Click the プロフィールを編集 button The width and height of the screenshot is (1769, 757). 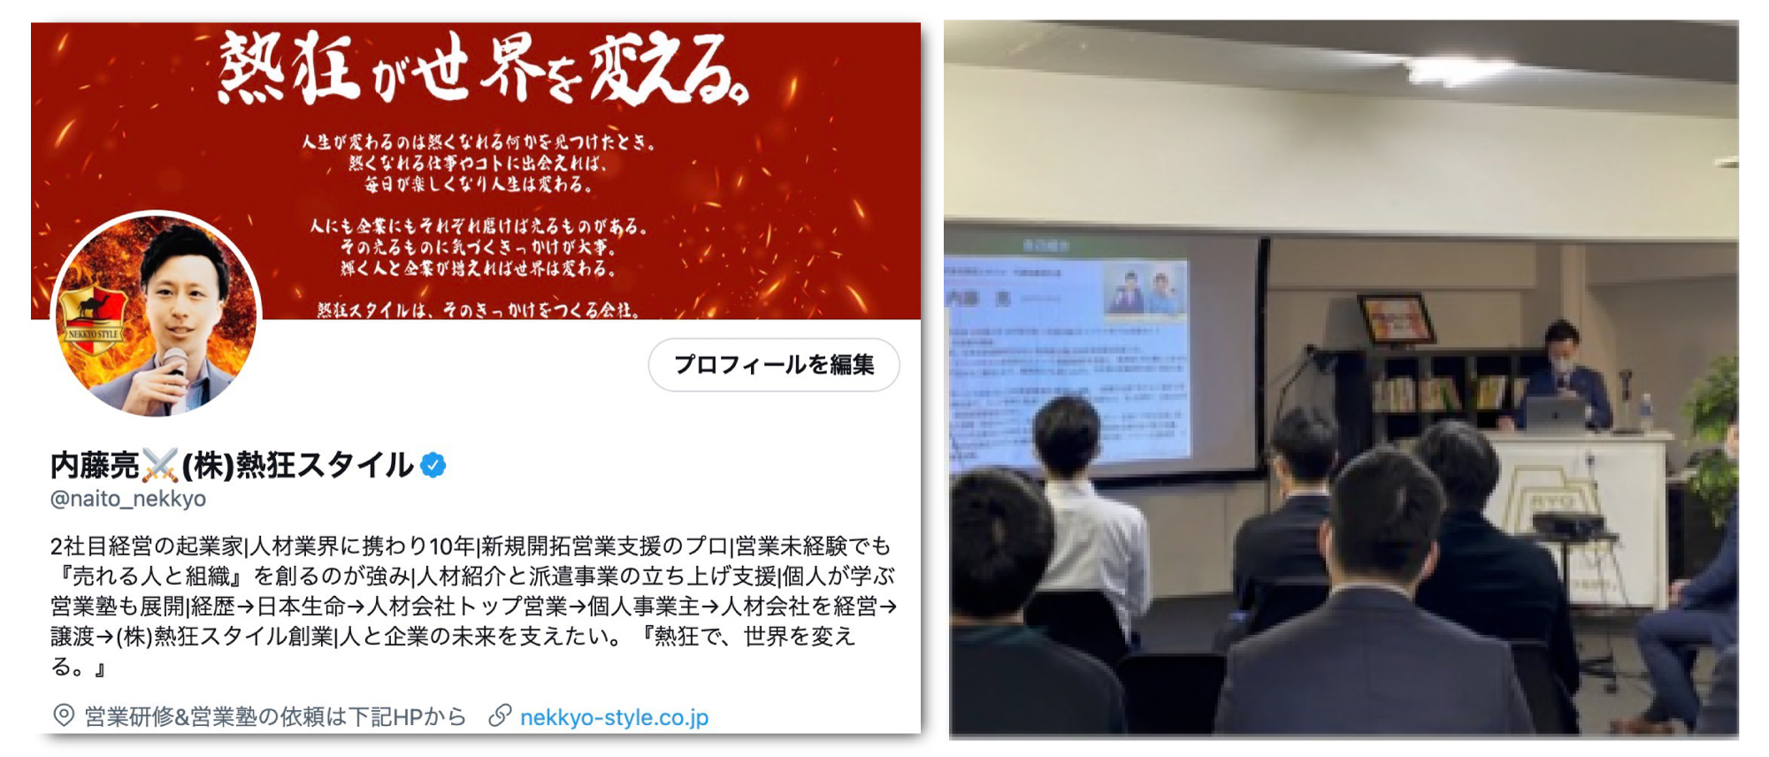tap(774, 364)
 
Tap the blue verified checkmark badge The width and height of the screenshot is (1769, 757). tap(433, 465)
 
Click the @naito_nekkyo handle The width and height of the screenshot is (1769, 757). tap(128, 499)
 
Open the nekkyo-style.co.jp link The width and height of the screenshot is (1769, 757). tap(614, 717)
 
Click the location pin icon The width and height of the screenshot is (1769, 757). tap(64, 715)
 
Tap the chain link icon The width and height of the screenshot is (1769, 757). tap(501, 715)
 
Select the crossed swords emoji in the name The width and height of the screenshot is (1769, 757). tap(160, 465)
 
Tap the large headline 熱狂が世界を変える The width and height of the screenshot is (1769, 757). tap(482, 69)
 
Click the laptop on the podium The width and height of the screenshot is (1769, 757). tap(1555, 413)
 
